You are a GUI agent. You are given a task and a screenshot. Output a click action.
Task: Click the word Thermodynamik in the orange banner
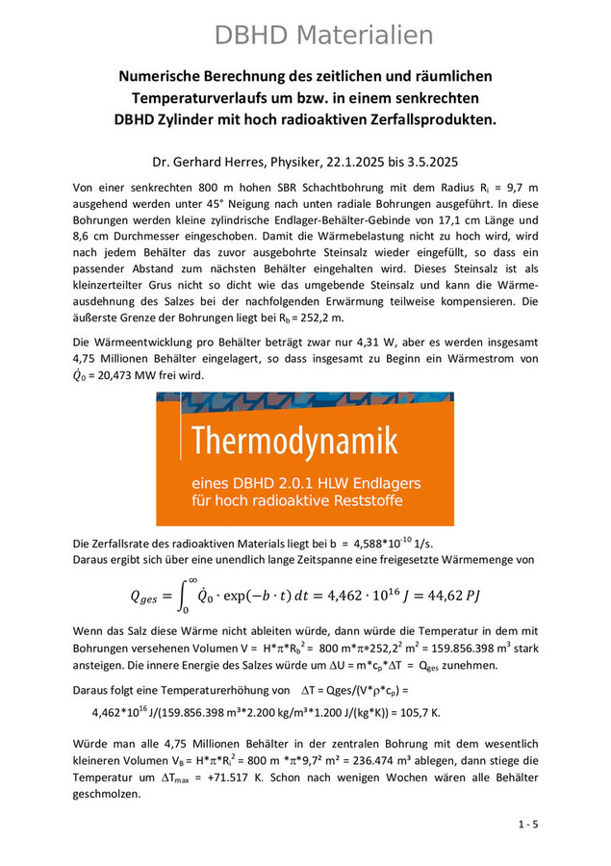[293, 443]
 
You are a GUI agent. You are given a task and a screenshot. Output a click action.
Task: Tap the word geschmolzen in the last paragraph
[112, 794]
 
